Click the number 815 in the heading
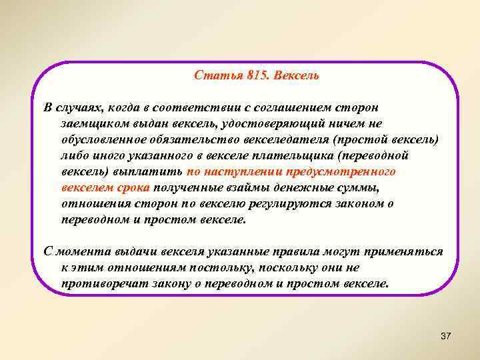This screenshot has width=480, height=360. point(255,75)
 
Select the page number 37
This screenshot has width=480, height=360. point(446,336)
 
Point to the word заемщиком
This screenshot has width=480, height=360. point(91,123)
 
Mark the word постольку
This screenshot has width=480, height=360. point(211,267)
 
